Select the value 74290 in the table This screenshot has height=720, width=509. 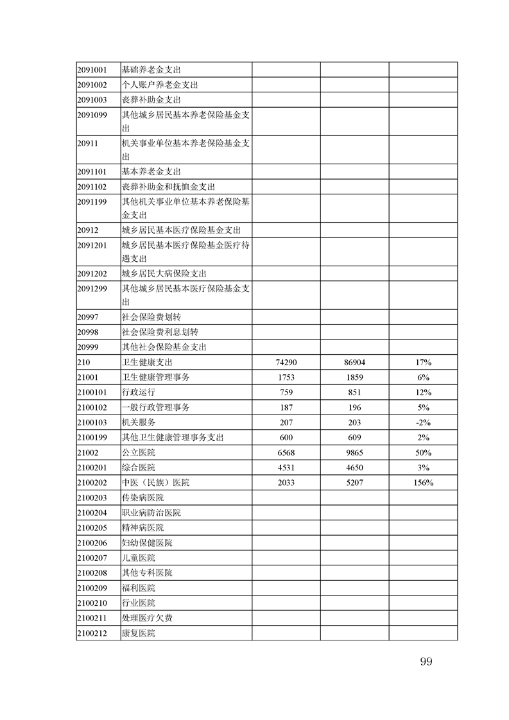click(x=286, y=363)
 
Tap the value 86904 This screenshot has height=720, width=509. click(x=354, y=363)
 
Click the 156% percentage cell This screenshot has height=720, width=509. click(x=423, y=483)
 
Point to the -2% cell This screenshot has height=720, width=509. click(x=423, y=422)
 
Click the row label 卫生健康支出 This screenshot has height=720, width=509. click(x=147, y=363)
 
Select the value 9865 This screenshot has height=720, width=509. click(x=354, y=452)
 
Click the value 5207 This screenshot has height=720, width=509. click(x=354, y=483)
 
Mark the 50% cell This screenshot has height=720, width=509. click(x=423, y=452)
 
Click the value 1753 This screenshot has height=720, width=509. click(x=286, y=377)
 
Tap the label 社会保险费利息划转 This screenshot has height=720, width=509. click(x=160, y=332)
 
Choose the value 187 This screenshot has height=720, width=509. click(x=286, y=407)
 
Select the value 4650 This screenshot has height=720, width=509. click(x=354, y=467)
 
